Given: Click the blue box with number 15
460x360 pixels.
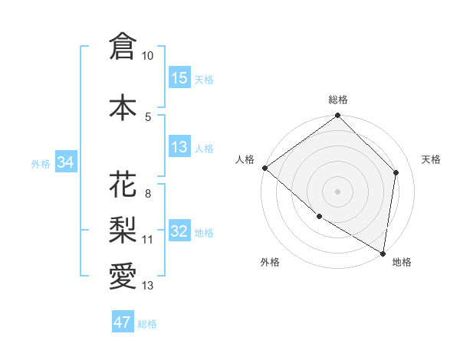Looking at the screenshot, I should tap(179, 78).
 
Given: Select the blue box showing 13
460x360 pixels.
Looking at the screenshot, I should tap(179, 147).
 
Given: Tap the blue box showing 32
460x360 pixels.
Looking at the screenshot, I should tap(179, 231).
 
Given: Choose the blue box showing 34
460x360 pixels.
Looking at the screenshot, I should tap(65, 162).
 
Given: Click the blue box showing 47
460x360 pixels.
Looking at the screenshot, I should tap(123, 322).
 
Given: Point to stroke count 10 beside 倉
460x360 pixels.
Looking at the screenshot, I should tap(148, 56).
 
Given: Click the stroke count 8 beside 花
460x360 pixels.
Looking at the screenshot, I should tap(147, 194).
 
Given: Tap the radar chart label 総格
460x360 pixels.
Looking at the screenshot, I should tap(338, 100).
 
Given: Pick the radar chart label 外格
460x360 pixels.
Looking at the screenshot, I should tap(270, 262).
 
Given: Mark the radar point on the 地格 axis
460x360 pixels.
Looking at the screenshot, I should tap(383, 253).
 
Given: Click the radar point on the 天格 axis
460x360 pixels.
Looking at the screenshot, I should tap(396, 172).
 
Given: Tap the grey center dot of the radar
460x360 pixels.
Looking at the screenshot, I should tap(338, 191).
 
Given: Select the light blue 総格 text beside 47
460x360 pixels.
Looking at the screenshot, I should tap(147, 324).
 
